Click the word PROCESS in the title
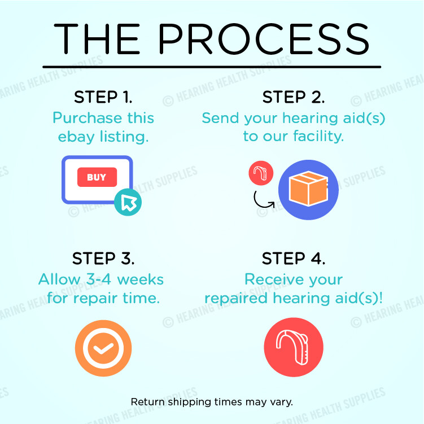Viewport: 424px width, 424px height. point(264,38)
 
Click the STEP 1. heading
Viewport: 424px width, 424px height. point(103,97)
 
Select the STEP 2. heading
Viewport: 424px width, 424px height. point(294,97)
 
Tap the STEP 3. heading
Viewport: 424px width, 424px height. point(103,258)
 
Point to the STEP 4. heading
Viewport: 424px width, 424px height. point(294,258)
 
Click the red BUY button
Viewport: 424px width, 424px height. point(97,177)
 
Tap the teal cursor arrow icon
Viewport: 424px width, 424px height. point(128,202)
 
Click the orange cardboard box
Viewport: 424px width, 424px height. point(308,189)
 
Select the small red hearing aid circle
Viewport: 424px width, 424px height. point(261,173)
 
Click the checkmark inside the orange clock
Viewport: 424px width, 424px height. point(103,348)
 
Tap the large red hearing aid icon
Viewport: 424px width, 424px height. point(294,347)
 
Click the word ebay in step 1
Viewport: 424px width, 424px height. point(76,137)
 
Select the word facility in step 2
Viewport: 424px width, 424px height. point(318,136)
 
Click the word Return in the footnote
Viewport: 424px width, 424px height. point(148,402)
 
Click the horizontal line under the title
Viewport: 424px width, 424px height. point(212,67)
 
